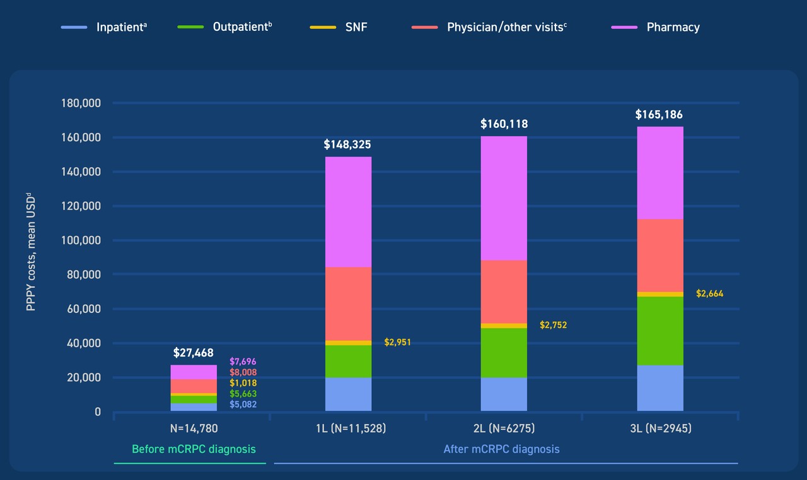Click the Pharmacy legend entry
tap(655, 27)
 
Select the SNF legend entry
tap(339, 27)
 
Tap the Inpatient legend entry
tap(104, 27)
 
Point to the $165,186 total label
tap(659, 115)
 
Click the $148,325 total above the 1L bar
tap(347, 145)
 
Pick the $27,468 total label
tap(193, 353)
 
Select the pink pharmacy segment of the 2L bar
tap(504, 198)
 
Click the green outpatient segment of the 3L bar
tap(660, 331)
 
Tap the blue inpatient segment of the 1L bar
tap(349, 394)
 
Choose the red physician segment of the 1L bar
tap(349, 304)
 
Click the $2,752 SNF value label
tap(553, 325)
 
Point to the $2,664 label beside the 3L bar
tap(709, 294)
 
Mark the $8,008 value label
tap(243, 372)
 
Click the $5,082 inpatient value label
tap(243, 404)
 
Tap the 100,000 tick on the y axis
tap(81, 241)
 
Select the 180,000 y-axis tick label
tap(81, 103)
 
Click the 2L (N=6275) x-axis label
tap(504, 428)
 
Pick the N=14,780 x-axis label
tap(194, 428)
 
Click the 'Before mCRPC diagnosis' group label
tap(194, 449)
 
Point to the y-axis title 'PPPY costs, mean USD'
tap(31, 251)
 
